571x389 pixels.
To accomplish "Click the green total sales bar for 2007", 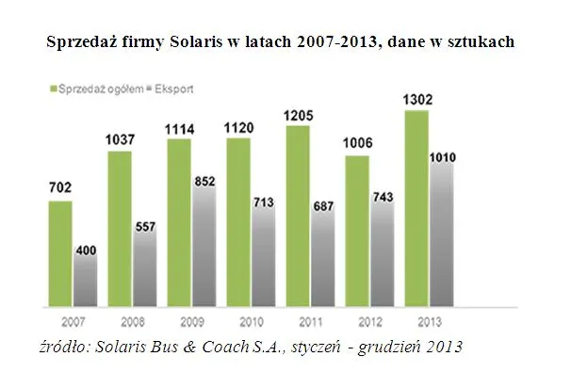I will pyautogui.click(x=60, y=253).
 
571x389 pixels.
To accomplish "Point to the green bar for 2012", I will pyautogui.click(x=358, y=232).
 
